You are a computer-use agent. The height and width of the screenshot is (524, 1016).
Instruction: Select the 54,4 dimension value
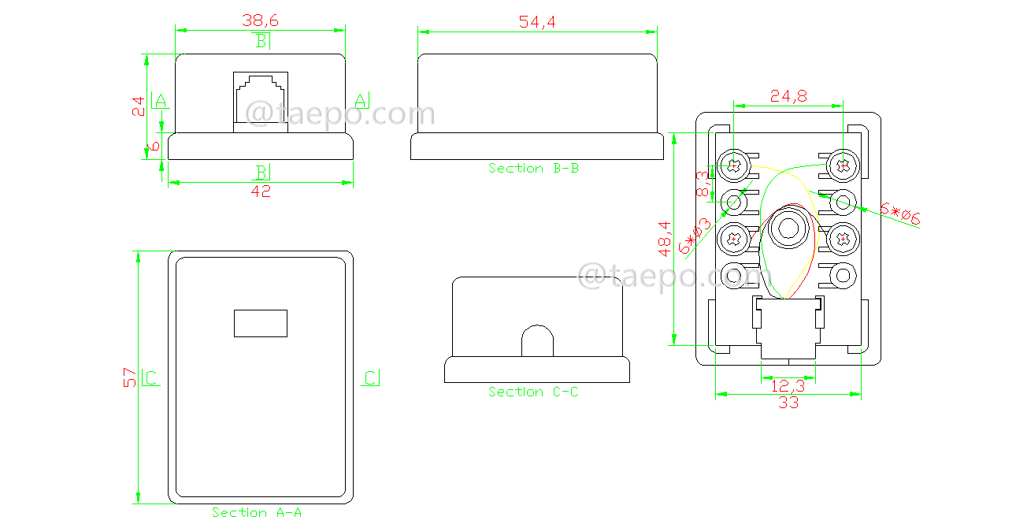pos(537,22)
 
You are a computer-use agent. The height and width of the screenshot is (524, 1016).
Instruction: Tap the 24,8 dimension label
pos(788,96)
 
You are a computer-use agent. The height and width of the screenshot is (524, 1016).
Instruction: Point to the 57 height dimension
pos(130,377)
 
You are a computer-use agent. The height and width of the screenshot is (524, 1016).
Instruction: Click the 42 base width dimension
pos(261,191)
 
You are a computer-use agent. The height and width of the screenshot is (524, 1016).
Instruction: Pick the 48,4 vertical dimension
pos(665,236)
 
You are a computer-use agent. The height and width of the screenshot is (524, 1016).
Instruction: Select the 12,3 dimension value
pos(788,385)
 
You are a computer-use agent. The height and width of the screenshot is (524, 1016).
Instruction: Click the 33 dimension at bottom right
pos(788,403)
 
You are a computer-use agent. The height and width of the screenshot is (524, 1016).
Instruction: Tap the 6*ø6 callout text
pos(899,214)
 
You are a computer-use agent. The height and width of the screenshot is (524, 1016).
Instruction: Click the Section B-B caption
pos(533,169)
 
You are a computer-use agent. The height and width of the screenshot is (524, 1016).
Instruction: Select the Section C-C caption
pos(533,392)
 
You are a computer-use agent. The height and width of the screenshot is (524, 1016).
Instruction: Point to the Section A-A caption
pos(257,512)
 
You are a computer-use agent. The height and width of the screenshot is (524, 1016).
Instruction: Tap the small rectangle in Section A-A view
pos(261,323)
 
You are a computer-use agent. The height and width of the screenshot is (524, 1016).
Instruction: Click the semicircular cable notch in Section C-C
pos(538,342)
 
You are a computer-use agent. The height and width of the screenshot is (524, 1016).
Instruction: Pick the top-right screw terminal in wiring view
pos(843,165)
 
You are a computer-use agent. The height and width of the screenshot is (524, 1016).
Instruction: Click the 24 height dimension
pos(139,106)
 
